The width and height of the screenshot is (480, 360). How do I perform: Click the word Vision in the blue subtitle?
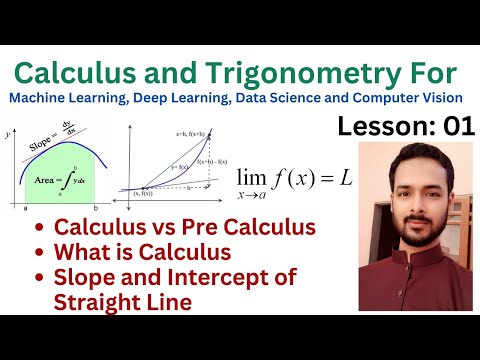440,97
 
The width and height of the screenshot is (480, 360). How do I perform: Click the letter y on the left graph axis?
8,132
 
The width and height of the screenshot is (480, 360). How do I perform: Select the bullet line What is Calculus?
143,252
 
